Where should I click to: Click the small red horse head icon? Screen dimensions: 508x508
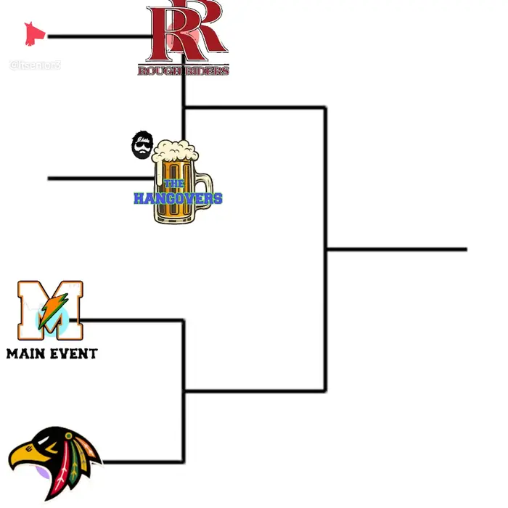(x=33, y=33)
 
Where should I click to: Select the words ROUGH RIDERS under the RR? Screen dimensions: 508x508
(x=184, y=70)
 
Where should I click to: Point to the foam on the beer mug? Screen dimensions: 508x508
(x=174, y=151)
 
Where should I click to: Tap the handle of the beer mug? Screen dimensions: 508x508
(x=205, y=190)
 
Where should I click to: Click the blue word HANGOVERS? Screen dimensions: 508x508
(x=178, y=198)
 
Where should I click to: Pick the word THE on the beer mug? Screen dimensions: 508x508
(x=174, y=184)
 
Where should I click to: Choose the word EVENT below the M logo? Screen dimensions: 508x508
(x=74, y=354)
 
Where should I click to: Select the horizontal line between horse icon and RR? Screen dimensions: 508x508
(x=94, y=36)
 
